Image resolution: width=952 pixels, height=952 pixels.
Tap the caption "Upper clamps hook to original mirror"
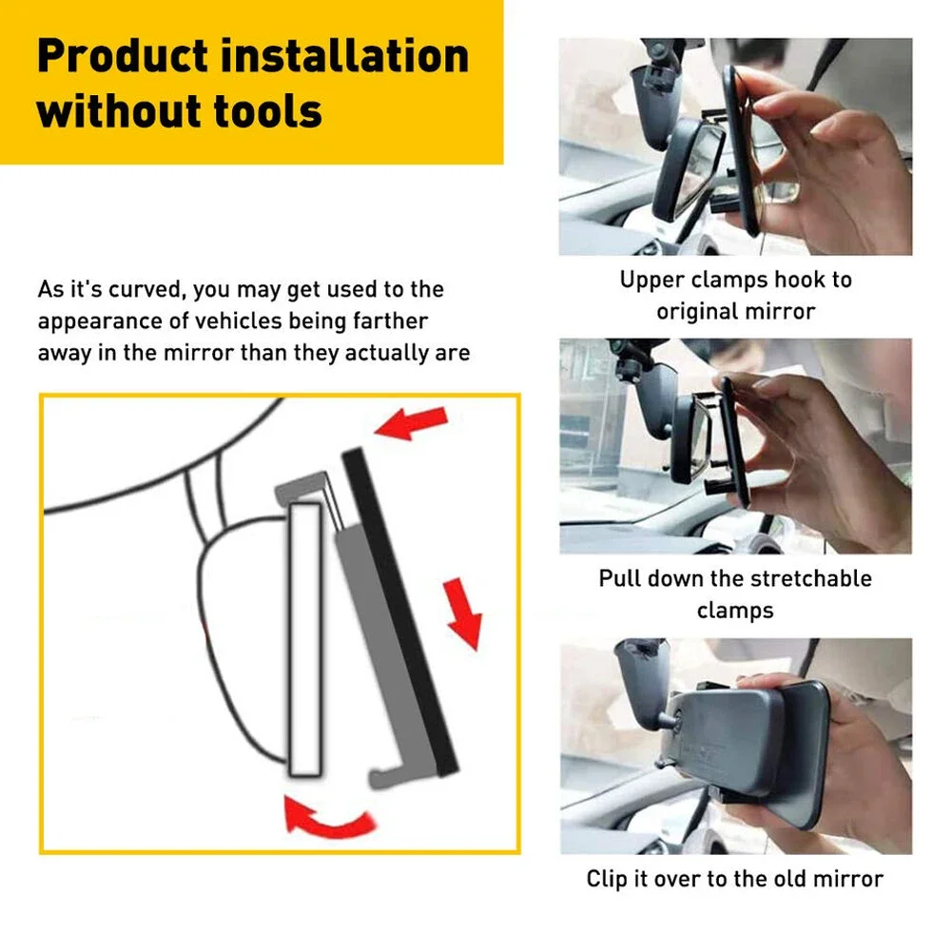[x=735, y=295]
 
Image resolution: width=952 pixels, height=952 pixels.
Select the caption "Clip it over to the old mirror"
[x=734, y=879]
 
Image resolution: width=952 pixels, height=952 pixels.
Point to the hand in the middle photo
[x=808, y=447]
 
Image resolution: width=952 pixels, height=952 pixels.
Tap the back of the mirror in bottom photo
[x=723, y=747]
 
